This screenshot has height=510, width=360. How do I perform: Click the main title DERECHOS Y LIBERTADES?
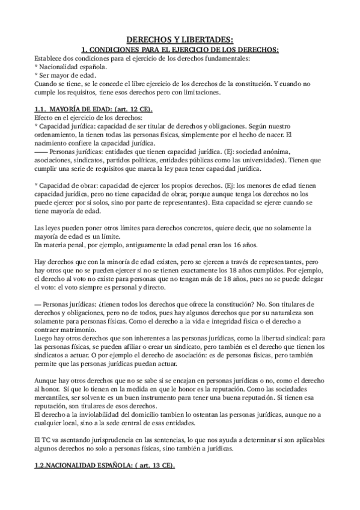(x=180, y=38)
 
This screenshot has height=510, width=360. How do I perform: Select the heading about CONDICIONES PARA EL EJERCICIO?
(x=180, y=49)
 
